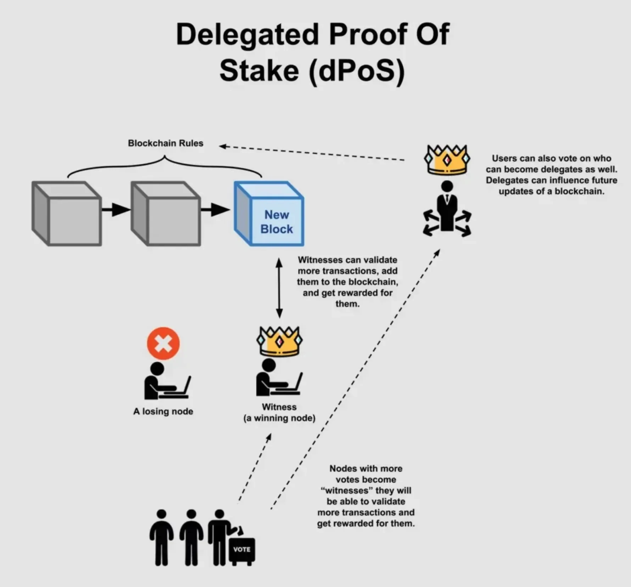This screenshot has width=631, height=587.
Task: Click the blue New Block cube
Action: (269, 214)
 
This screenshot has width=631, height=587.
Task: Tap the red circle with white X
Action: (163, 343)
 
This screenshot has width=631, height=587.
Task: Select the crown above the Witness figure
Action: (279, 341)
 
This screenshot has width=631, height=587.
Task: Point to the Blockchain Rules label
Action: (166, 143)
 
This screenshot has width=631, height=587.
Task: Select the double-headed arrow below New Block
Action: (279, 288)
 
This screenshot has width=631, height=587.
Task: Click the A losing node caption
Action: (163, 411)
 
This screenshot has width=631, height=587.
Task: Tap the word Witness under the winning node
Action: (279, 407)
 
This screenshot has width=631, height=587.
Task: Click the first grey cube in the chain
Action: (67, 214)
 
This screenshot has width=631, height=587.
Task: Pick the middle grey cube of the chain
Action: (166, 214)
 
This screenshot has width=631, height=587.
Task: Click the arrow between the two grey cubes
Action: (116, 210)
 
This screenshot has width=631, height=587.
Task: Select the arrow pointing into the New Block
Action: (215, 210)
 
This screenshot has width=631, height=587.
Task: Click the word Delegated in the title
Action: (247, 34)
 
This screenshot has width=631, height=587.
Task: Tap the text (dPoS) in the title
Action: (357, 71)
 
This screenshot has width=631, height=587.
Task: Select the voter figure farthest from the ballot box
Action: (161, 537)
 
